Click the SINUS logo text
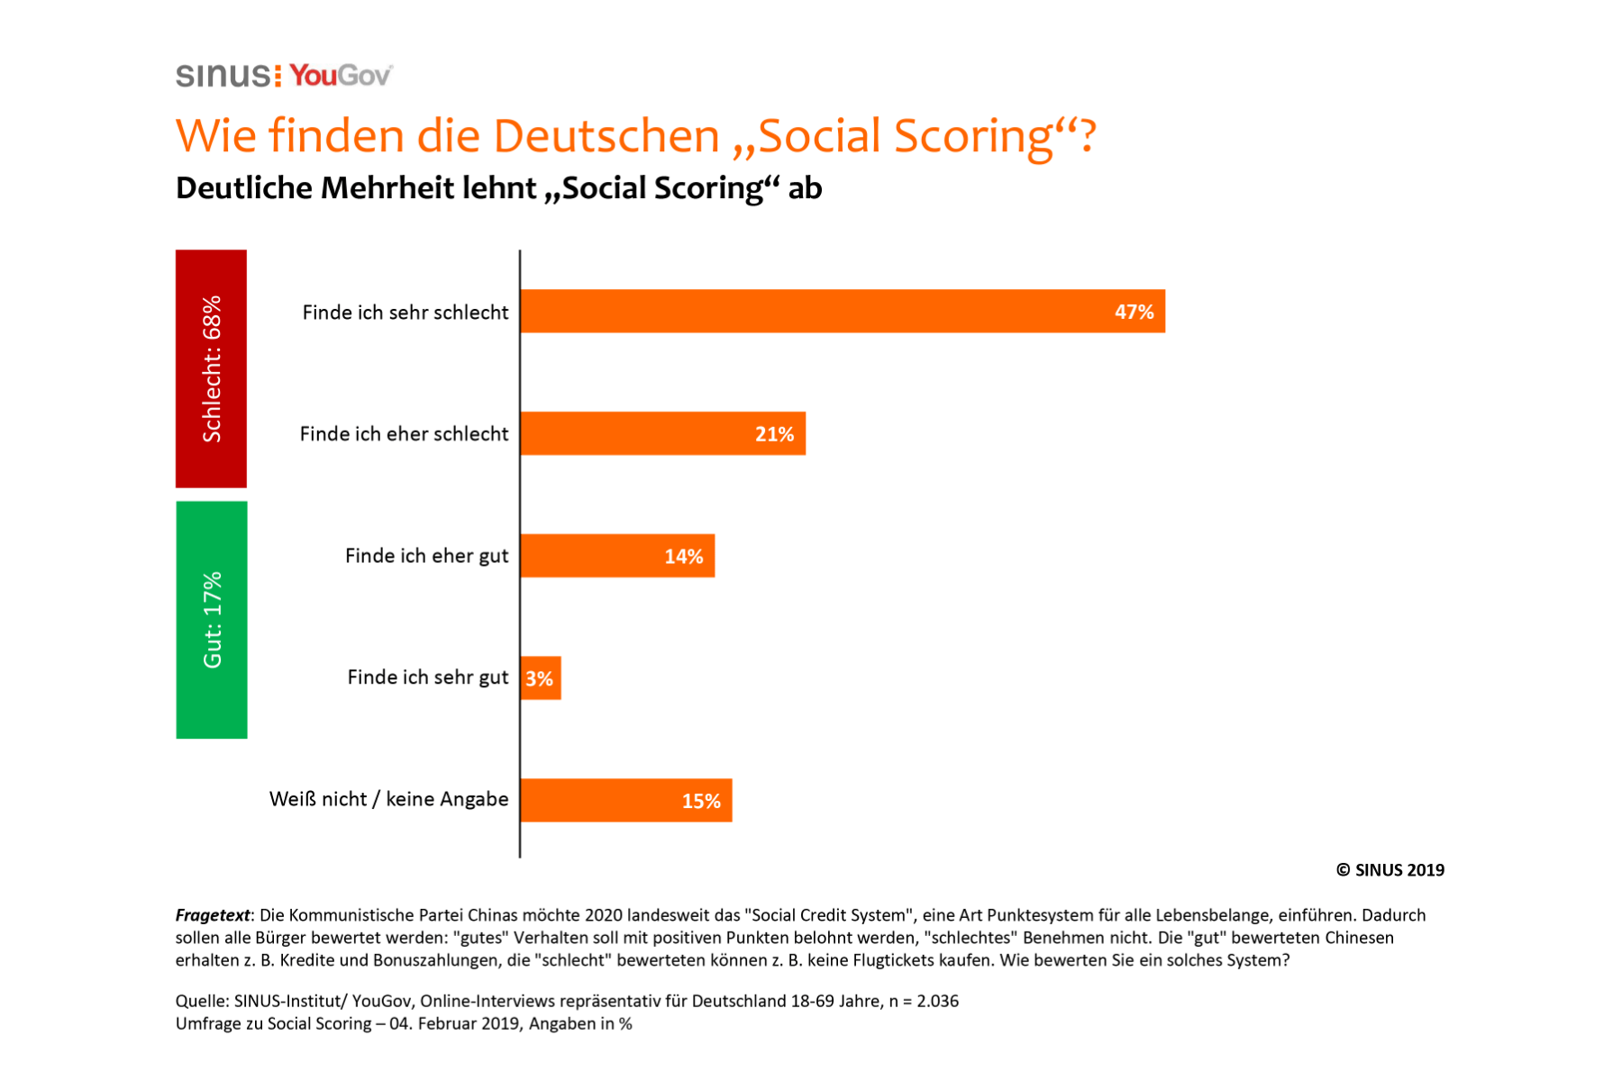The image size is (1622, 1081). tap(223, 76)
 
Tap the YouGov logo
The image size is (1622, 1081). tap(341, 76)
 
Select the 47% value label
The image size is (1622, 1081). tap(1134, 312)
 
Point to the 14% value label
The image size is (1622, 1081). tap(683, 557)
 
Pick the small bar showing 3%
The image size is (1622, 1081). tap(541, 678)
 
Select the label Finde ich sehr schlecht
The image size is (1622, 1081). tap(405, 313)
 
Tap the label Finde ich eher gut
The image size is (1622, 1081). tap(426, 556)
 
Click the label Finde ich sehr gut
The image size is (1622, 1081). tap(428, 677)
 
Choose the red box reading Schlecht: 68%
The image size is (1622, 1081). tap(211, 368)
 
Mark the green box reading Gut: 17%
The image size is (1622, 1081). tap(212, 620)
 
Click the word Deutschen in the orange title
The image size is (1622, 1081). tap(606, 136)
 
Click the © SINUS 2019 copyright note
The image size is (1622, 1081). tap(1390, 870)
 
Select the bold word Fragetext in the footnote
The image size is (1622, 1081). tap(213, 915)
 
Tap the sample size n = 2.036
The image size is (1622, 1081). tap(924, 1001)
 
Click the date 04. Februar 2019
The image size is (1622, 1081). tap(454, 1024)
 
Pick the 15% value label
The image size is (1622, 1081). tap(700, 801)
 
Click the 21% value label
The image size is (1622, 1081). tap(774, 434)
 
